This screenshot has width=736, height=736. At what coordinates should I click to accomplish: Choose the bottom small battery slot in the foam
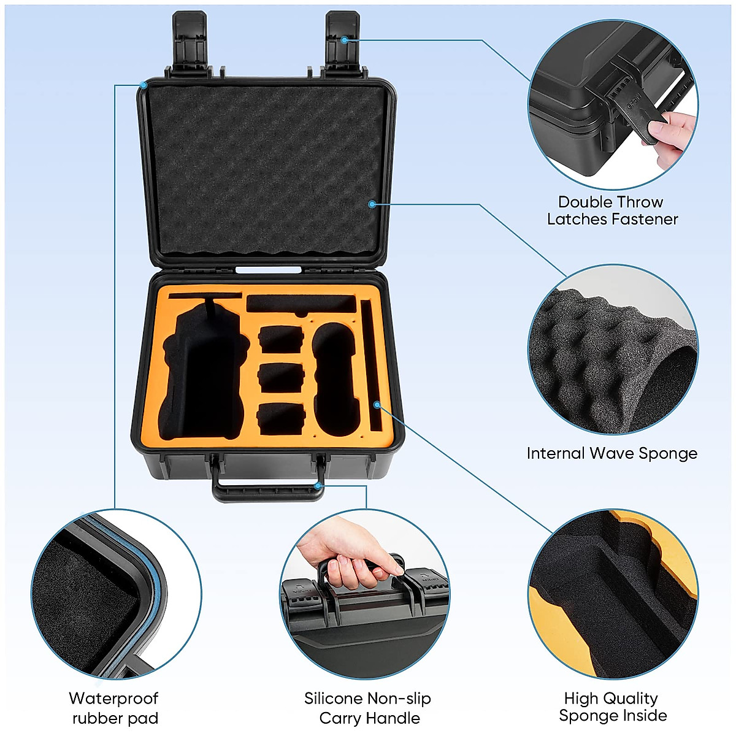(281, 418)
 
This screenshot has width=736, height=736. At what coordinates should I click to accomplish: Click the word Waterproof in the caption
(113, 699)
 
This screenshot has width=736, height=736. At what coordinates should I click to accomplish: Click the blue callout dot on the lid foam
(372, 204)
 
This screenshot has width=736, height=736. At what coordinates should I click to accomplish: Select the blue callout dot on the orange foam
(377, 405)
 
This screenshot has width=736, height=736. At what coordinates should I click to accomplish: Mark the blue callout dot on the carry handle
(318, 486)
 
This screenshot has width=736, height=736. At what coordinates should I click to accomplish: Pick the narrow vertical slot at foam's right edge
(373, 366)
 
